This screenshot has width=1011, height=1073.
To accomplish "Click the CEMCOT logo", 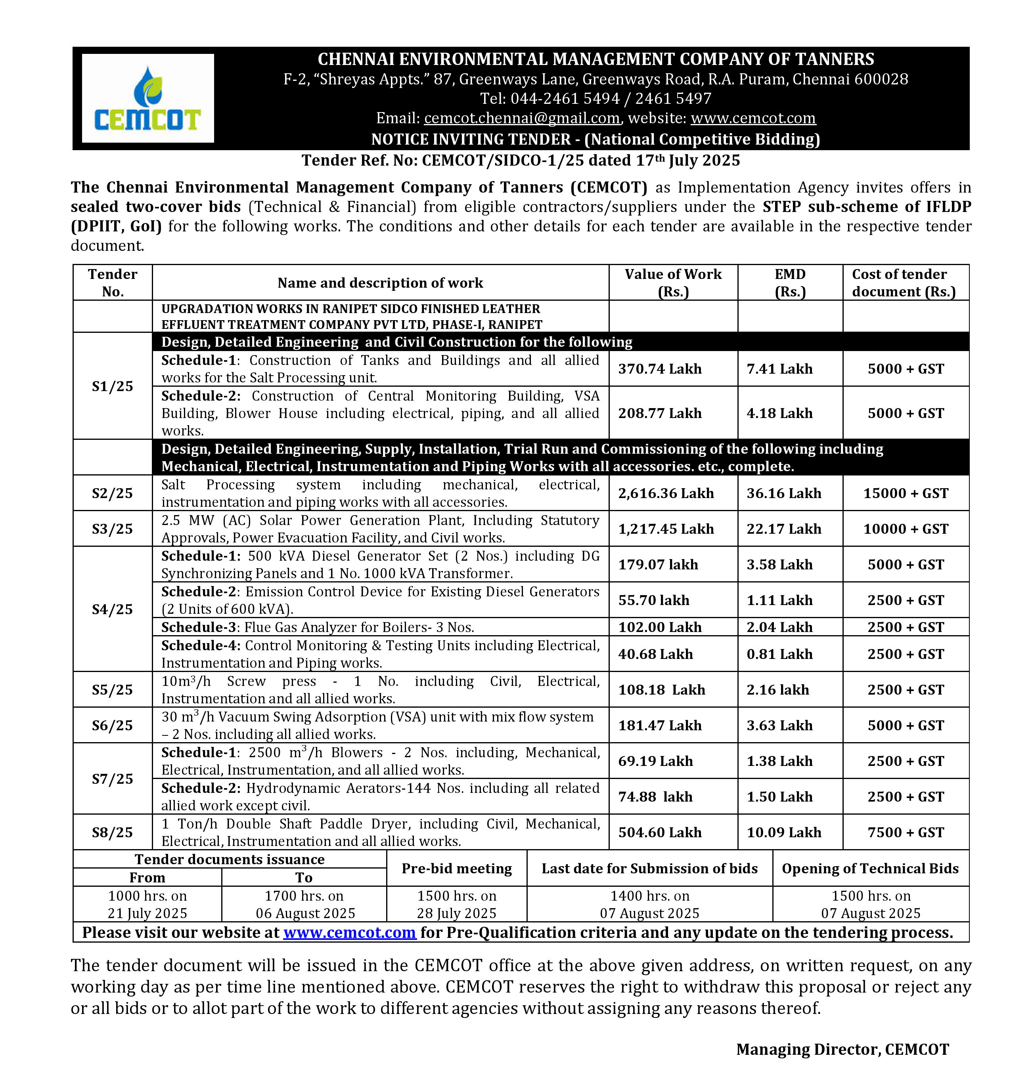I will click(147, 98).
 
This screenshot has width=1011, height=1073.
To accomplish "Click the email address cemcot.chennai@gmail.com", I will click(522, 118).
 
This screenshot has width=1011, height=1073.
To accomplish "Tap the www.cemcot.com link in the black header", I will click(753, 118).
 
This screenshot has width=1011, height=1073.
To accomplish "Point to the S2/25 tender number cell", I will click(112, 493).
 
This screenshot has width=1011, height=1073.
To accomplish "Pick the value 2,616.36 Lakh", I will click(666, 493).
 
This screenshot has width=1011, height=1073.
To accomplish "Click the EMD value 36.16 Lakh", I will click(784, 493).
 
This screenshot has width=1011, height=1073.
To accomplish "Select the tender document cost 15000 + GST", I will click(906, 493).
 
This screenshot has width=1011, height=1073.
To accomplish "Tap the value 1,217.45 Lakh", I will click(666, 529).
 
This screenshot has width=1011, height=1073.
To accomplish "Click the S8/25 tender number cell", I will click(112, 832).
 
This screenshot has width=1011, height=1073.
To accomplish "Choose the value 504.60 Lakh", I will click(660, 832).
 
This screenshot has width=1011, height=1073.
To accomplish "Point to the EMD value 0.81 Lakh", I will click(779, 654).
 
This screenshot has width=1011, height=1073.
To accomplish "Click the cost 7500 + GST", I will click(906, 832).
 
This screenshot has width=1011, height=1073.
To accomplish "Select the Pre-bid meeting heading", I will click(456, 868).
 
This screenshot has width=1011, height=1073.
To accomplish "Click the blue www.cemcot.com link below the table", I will click(349, 932).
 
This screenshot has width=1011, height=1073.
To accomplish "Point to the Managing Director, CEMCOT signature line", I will click(842, 1049).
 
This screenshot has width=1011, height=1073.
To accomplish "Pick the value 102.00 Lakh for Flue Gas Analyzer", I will click(660, 626).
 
